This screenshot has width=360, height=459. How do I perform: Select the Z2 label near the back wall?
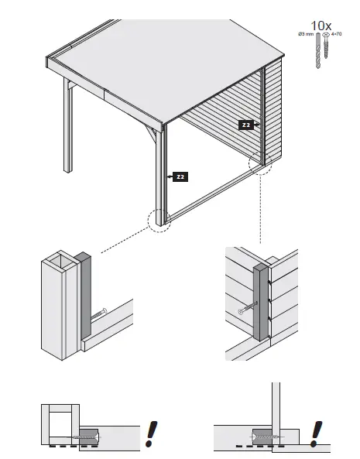(x=246, y=125)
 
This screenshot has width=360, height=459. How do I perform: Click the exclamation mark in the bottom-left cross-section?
(x=150, y=433)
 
